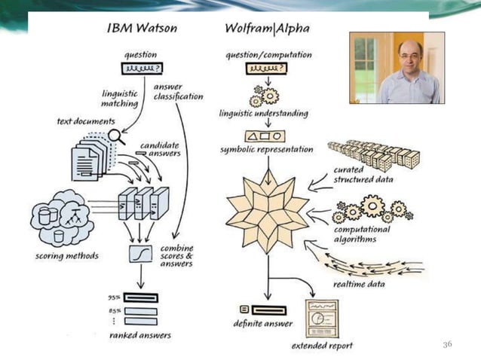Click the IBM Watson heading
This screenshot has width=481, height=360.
point(142,29)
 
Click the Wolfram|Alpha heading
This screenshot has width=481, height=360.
point(267,29)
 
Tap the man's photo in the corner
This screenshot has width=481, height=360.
point(397,68)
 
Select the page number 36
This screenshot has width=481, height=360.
point(447,344)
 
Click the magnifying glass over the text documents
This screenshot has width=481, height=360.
point(115,136)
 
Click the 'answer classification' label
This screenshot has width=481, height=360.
point(178,91)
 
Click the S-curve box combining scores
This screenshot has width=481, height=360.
point(141,253)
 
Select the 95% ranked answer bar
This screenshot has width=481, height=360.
point(140,297)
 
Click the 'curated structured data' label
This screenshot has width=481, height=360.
point(363,175)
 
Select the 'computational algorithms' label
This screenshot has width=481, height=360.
point(363,234)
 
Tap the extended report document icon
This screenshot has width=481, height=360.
point(321,319)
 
